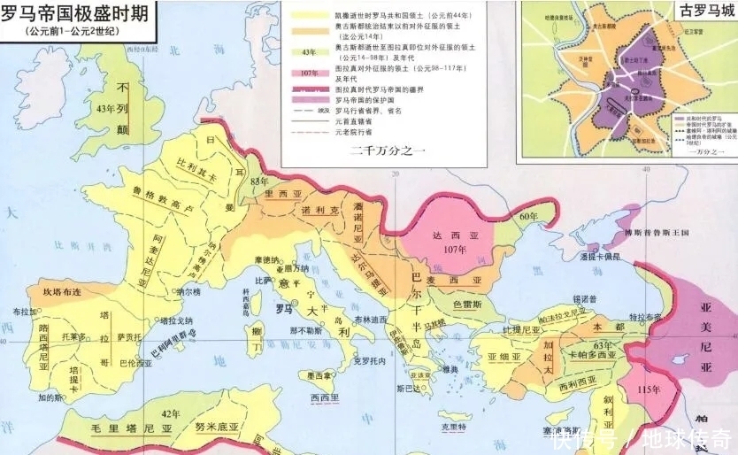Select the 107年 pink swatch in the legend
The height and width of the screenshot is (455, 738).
click(309, 73)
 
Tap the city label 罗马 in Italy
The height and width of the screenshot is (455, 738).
click(284, 309)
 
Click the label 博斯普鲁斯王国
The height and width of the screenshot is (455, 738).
click(656, 232)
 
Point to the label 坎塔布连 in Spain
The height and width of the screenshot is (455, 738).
click(62, 290)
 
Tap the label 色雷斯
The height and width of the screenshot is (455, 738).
click(469, 304)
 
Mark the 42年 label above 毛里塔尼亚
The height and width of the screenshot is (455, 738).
click(170, 413)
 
